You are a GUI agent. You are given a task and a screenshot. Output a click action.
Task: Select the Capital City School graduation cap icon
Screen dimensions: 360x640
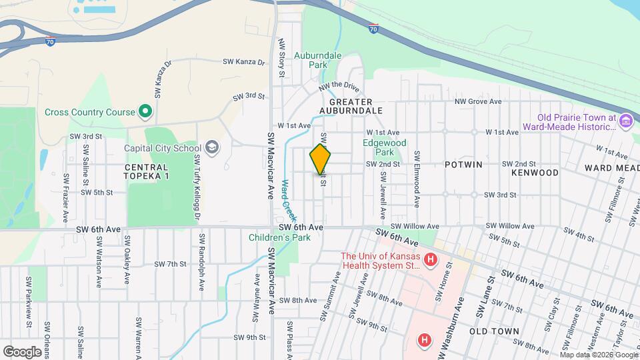[x=212, y=147]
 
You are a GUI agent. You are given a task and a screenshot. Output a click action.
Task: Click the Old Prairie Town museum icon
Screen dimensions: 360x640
[x=625, y=121]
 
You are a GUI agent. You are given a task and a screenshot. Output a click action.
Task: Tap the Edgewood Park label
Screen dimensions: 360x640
[x=384, y=147]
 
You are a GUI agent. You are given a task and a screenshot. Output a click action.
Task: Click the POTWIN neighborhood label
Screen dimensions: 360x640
[x=461, y=163]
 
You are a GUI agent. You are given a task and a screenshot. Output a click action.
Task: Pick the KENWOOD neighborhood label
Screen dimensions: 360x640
[x=535, y=173]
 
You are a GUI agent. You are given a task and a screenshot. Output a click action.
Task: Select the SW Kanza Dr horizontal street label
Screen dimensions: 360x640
[x=243, y=62]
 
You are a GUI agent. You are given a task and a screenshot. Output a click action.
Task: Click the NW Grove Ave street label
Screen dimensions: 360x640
[x=477, y=101]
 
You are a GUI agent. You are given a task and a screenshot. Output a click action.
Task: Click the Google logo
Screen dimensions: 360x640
[x=22, y=351]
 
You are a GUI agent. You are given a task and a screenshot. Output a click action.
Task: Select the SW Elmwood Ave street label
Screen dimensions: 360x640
[x=416, y=178]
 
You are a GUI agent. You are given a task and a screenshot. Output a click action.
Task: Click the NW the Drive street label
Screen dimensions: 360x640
[x=339, y=87]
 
